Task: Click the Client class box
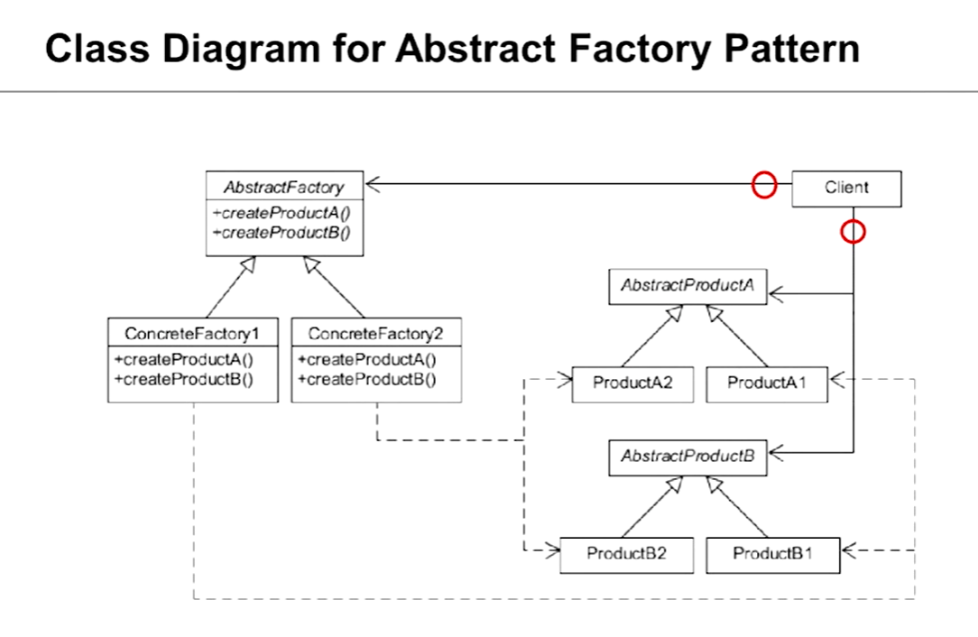click(846, 189)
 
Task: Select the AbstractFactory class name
click(284, 187)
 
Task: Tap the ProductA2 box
click(632, 384)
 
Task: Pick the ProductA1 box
click(767, 384)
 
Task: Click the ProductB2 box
click(626, 555)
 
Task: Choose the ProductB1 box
click(773, 555)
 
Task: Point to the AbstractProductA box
click(687, 286)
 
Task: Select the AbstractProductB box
click(687, 457)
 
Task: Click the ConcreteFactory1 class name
click(192, 334)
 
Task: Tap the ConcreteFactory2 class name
click(375, 334)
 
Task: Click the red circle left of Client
click(764, 185)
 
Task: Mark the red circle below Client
click(853, 232)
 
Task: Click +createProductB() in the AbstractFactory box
click(281, 233)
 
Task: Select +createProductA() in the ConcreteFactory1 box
click(184, 360)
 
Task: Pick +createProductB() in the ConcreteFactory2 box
click(366, 379)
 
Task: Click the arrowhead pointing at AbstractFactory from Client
click(373, 184)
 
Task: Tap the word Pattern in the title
click(791, 49)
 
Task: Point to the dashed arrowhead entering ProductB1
click(849, 550)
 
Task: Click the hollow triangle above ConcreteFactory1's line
click(248, 263)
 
